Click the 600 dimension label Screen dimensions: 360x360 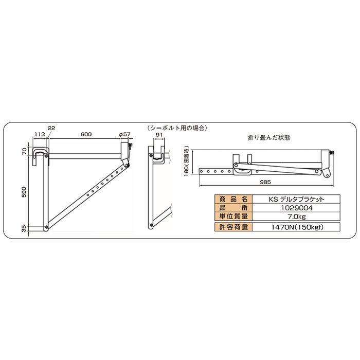(86, 134)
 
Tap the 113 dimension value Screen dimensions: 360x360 (39, 134)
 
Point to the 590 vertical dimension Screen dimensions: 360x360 (25, 192)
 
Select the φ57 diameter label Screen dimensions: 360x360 (124, 134)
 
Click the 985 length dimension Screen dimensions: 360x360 (265, 182)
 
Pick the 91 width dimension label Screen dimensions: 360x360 (159, 135)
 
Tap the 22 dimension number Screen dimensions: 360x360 (51, 128)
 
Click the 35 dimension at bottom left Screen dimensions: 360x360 (25, 229)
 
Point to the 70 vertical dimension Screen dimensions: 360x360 (25, 151)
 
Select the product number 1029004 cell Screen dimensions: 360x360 (296, 208)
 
